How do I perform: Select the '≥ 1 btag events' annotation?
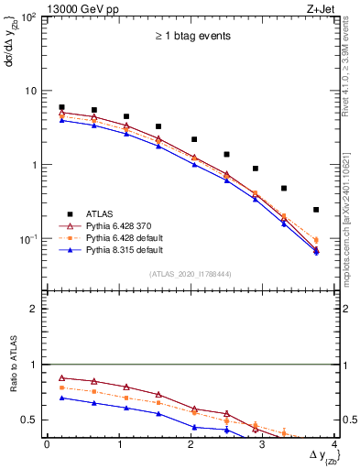191,36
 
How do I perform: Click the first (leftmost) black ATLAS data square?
61,107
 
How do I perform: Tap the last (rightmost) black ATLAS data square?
316,210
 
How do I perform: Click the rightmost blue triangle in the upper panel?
316,251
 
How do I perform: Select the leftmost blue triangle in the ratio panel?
61,398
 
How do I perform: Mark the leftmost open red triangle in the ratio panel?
61,377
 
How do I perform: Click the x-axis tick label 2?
191,443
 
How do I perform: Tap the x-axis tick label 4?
334,443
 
